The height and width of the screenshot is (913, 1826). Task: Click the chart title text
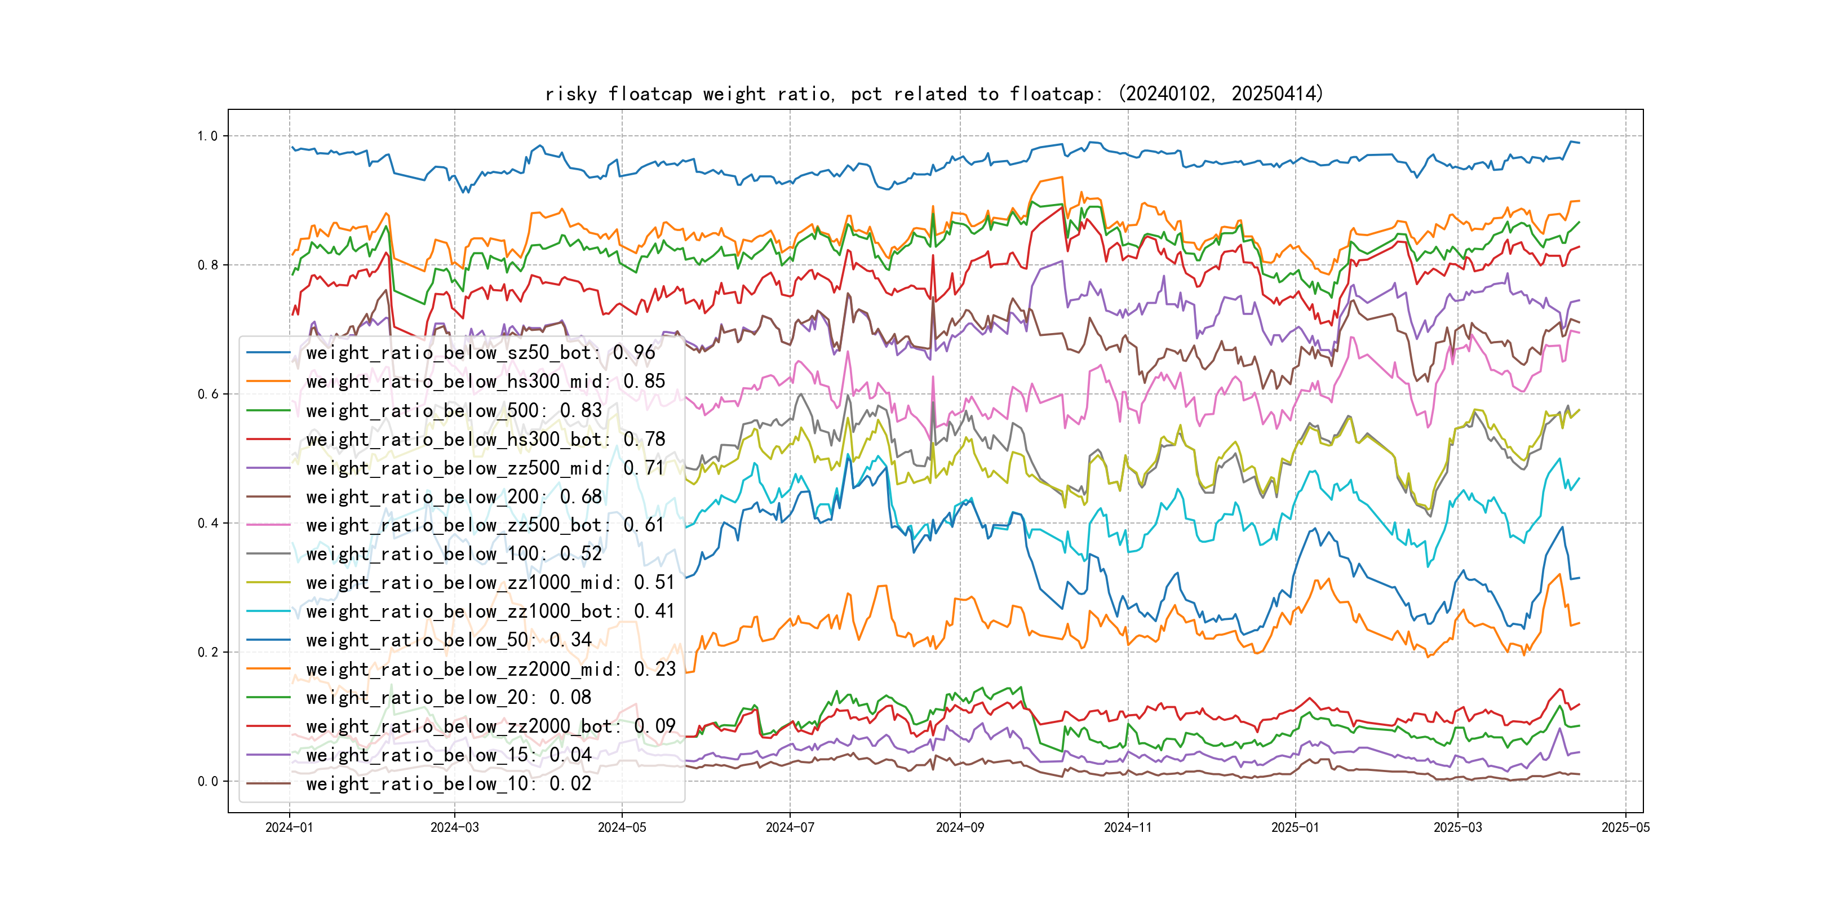tap(933, 94)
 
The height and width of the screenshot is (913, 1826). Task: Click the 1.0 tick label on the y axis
tap(208, 136)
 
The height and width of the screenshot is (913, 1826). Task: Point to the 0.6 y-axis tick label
tap(208, 394)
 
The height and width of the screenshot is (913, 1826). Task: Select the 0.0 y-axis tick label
tap(208, 781)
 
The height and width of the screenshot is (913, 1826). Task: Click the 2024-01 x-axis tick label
tap(289, 827)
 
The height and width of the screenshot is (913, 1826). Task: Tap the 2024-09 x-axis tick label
tap(960, 827)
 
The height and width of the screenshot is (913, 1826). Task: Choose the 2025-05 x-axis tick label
tap(1625, 827)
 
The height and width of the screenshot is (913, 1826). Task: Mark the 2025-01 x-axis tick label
tap(1295, 827)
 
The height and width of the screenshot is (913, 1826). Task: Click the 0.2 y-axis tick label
tap(208, 652)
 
